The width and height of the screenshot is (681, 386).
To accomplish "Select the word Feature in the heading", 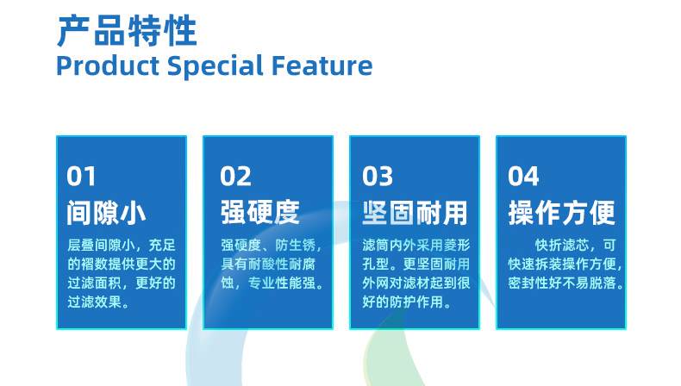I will coord(325,65).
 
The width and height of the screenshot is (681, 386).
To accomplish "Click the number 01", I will coord(82,176).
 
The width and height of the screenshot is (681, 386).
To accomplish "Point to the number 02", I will coord(235,176).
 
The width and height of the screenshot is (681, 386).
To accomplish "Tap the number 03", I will coord(378,176).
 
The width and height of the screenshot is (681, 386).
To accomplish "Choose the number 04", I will coord(523,176).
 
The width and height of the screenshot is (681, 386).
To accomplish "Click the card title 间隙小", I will coord(106,212).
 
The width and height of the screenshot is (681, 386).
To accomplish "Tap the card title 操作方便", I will coord(561,212).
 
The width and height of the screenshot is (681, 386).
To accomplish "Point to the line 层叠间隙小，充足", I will coord(121,244).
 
